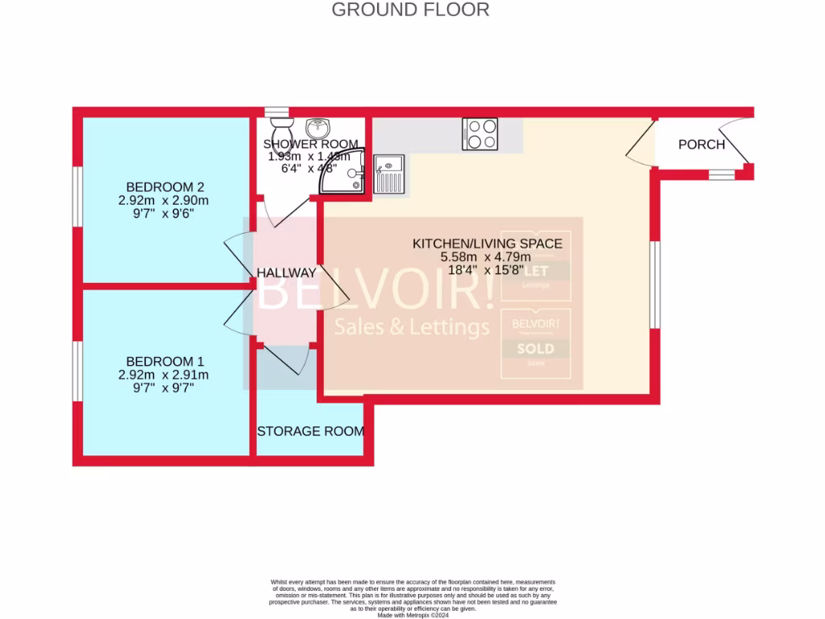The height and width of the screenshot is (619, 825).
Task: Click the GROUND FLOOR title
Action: [410, 10]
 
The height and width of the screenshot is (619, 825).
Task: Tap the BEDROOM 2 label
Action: [159, 187]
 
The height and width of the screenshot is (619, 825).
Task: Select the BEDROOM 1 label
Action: [159, 362]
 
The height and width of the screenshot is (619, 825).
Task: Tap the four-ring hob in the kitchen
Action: [480, 134]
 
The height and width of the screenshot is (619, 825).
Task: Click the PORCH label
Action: [701, 145]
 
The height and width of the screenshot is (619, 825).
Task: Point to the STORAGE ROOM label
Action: [310, 431]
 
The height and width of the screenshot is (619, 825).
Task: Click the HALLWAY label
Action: [286, 273]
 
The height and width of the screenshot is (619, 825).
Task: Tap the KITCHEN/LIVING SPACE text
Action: [487, 243]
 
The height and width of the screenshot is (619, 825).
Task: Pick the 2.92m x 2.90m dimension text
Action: [159, 201]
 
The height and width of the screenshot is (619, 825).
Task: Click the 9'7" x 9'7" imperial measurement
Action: [159, 388]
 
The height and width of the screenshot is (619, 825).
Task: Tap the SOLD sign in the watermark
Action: [536, 349]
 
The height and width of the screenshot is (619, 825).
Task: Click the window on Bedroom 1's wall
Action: [78, 371]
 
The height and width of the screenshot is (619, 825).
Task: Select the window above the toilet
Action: [276, 112]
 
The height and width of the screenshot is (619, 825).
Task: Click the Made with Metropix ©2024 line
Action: [412, 615]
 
